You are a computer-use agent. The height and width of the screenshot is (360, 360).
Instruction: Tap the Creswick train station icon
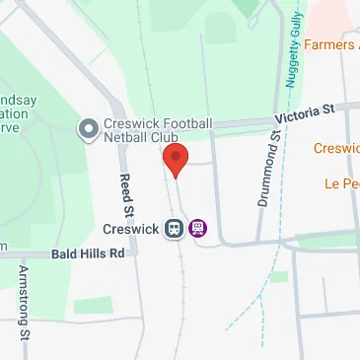(174, 228)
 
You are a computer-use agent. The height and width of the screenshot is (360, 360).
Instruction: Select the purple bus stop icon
(198, 228)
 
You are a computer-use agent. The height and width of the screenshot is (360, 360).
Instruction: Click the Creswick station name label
(131, 228)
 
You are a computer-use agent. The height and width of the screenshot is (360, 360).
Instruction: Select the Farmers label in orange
(330, 44)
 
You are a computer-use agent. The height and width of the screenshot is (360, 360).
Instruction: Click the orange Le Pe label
(341, 183)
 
